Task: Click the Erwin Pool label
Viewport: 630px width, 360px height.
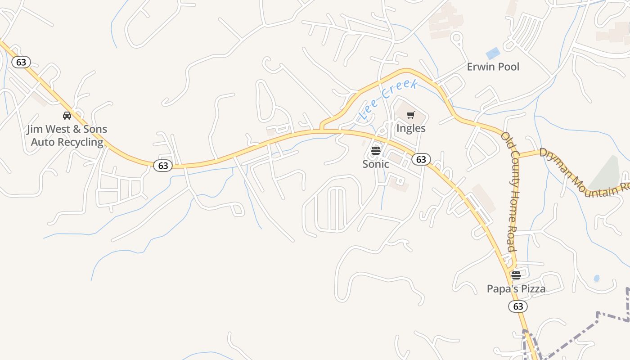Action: pyautogui.click(x=493, y=67)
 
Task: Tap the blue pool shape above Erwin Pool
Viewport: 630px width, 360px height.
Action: pyautogui.click(x=493, y=53)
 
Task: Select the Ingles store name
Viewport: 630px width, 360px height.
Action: pyautogui.click(x=411, y=128)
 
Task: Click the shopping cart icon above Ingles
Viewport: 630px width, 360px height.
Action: pyautogui.click(x=410, y=115)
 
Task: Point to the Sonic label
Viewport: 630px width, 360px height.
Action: pyautogui.click(x=376, y=164)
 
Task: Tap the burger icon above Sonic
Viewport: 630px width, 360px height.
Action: pyautogui.click(x=376, y=151)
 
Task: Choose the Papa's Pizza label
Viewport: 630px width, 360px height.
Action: pyautogui.click(x=516, y=289)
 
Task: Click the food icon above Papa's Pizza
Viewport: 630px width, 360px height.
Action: pyautogui.click(x=516, y=275)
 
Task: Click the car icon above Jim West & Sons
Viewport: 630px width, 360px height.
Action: pyautogui.click(x=67, y=116)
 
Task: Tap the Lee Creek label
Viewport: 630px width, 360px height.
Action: pyautogui.click(x=389, y=99)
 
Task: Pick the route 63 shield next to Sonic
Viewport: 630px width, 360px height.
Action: pyautogui.click(x=421, y=159)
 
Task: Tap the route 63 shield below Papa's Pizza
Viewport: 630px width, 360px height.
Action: pyautogui.click(x=518, y=306)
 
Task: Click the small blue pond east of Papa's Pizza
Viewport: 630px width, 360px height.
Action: pyautogui.click(x=597, y=278)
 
